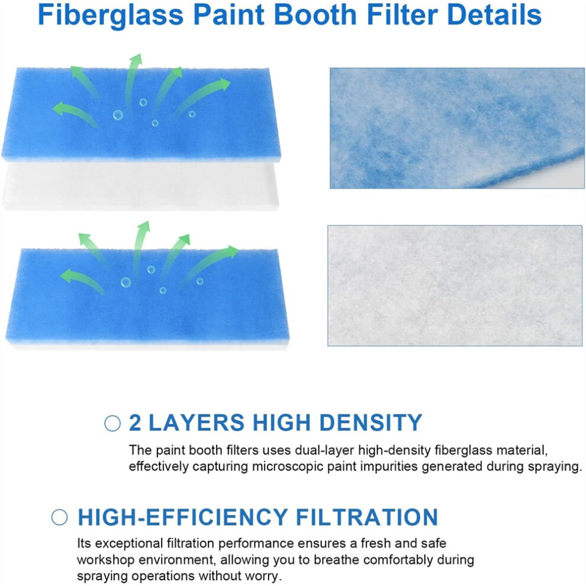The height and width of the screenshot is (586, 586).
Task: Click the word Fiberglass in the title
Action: (x=111, y=15)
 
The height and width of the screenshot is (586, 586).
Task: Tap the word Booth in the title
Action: (x=316, y=14)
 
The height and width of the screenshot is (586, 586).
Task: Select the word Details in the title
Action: (x=494, y=14)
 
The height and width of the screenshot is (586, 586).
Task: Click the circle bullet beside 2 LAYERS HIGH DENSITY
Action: (x=112, y=423)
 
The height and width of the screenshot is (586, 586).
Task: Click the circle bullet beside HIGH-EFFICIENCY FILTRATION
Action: (x=59, y=517)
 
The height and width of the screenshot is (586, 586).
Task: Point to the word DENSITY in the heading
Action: (x=371, y=423)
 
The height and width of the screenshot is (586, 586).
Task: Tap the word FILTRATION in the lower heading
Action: (x=366, y=517)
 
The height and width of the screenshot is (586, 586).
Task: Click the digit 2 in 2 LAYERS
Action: (x=135, y=423)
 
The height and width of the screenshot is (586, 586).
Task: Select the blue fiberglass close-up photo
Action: (x=457, y=128)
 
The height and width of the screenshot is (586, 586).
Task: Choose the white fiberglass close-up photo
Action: (x=455, y=285)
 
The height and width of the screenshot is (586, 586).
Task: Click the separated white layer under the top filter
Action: (x=140, y=186)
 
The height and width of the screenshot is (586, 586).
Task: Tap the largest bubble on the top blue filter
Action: (x=118, y=115)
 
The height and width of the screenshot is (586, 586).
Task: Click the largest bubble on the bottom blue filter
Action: (x=125, y=282)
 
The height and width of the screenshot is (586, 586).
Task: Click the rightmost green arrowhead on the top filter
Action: (x=224, y=85)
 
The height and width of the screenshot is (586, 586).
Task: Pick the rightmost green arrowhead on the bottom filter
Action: (x=233, y=252)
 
